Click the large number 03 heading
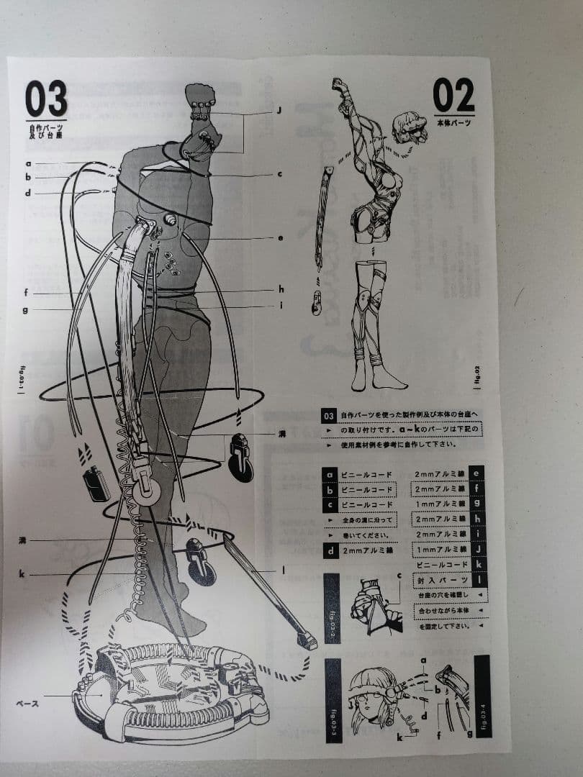tap(46, 99)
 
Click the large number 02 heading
tap(453, 95)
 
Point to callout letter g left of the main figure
tap(25, 310)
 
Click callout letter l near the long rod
tap(283, 571)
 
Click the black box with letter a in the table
tap(330, 474)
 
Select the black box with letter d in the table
tap(330, 552)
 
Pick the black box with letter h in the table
tap(476, 518)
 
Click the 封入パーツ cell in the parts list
tap(440, 581)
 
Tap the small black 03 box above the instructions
tap(328, 416)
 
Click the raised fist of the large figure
tap(200, 96)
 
